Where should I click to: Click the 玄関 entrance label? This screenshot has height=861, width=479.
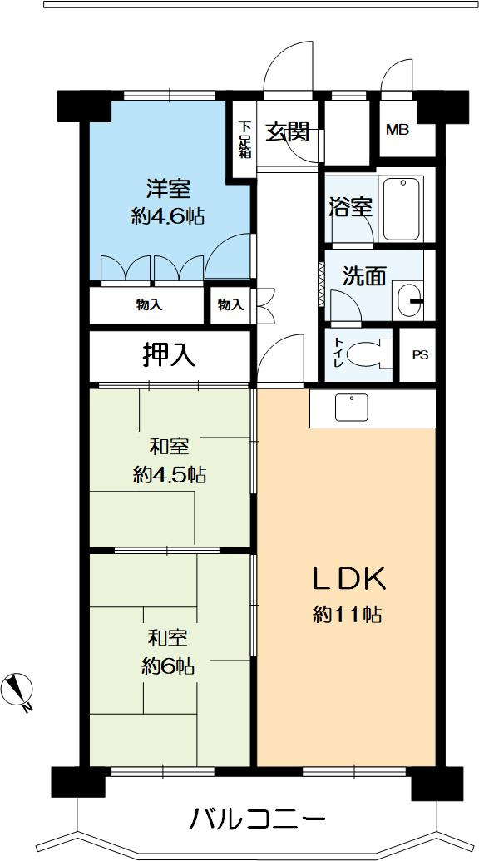click(x=288, y=131)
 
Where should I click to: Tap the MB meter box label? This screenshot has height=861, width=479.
click(x=397, y=130)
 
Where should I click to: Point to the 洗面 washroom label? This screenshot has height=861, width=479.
click(x=364, y=276)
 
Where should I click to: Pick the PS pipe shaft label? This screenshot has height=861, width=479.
click(x=420, y=354)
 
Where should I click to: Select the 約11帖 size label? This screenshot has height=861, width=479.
click(x=348, y=616)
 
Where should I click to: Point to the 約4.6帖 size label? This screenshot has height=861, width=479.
click(x=168, y=216)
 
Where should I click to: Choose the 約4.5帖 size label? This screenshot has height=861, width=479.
click(x=169, y=475)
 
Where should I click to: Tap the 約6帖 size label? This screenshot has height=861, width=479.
click(x=168, y=666)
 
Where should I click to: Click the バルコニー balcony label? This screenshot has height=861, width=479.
click(x=257, y=820)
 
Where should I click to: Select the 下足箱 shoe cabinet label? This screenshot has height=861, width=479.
click(x=244, y=140)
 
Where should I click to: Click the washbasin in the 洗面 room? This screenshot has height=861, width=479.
click(x=407, y=300)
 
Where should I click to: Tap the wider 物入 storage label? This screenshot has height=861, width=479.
click(x=149, y=305)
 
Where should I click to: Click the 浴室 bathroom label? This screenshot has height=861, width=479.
click(x=348, y=206)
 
